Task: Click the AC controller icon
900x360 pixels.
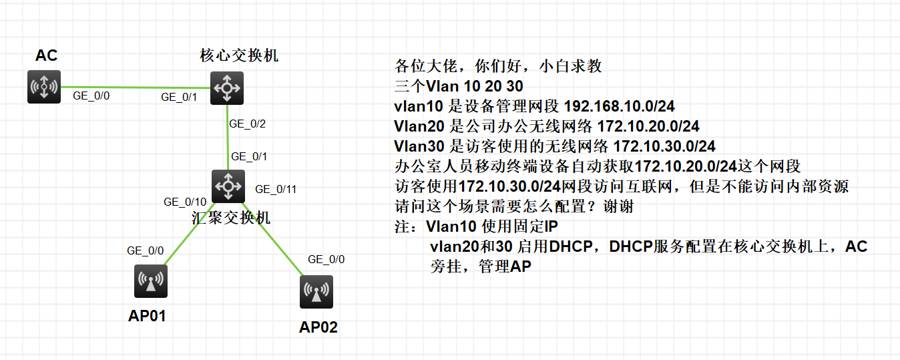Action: (x=44, y=87)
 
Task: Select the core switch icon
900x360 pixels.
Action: (x=227, y=87)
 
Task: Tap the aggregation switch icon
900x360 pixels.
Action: (x=228, y=186)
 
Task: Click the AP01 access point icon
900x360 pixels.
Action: (x=150, y=281)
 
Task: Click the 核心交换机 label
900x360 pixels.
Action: (x=239, y=55)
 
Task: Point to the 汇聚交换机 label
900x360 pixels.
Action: (x=231, y=218)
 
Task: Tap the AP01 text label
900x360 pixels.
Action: (x=147, y=316)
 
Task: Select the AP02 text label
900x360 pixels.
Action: (x=318, y=327)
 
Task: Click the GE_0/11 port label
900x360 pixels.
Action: (x=276, y=190)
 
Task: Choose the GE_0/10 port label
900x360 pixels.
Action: (x=185, y=202)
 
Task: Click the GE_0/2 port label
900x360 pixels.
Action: (x=247, y=124)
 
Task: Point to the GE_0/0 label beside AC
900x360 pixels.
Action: (x=91, y=96)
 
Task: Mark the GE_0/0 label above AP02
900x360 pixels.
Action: (x=326, y=260)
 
